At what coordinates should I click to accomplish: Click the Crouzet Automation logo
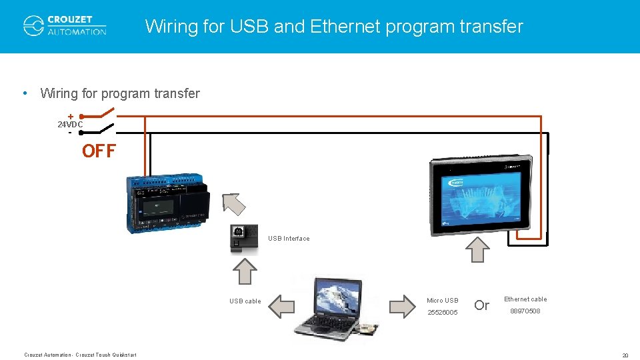click(x=65, y=25)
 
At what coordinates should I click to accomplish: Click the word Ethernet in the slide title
click(x=349, y=27)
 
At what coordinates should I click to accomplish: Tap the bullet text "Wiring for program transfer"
click(x=120, y=93)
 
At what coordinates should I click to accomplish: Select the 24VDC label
click(x=70, y=125)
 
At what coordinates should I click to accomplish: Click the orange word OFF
click(x=99, y=151)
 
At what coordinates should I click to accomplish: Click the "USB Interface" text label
click(x=289, y=239)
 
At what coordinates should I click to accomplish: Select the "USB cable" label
click(x=245, y=301)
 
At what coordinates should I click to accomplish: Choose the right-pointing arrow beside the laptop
click(x=402, y=306)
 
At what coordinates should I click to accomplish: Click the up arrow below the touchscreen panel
click(x=477, y=249)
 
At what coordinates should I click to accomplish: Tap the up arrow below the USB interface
click(x=245, y=271)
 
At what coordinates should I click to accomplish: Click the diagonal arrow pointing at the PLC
click(x=233, y=203)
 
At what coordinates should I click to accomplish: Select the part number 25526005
click(x=443, y=312)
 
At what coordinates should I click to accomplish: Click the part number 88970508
click(x=525, y=311)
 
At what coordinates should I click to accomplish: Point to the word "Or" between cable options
click(x=481, y=305)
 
